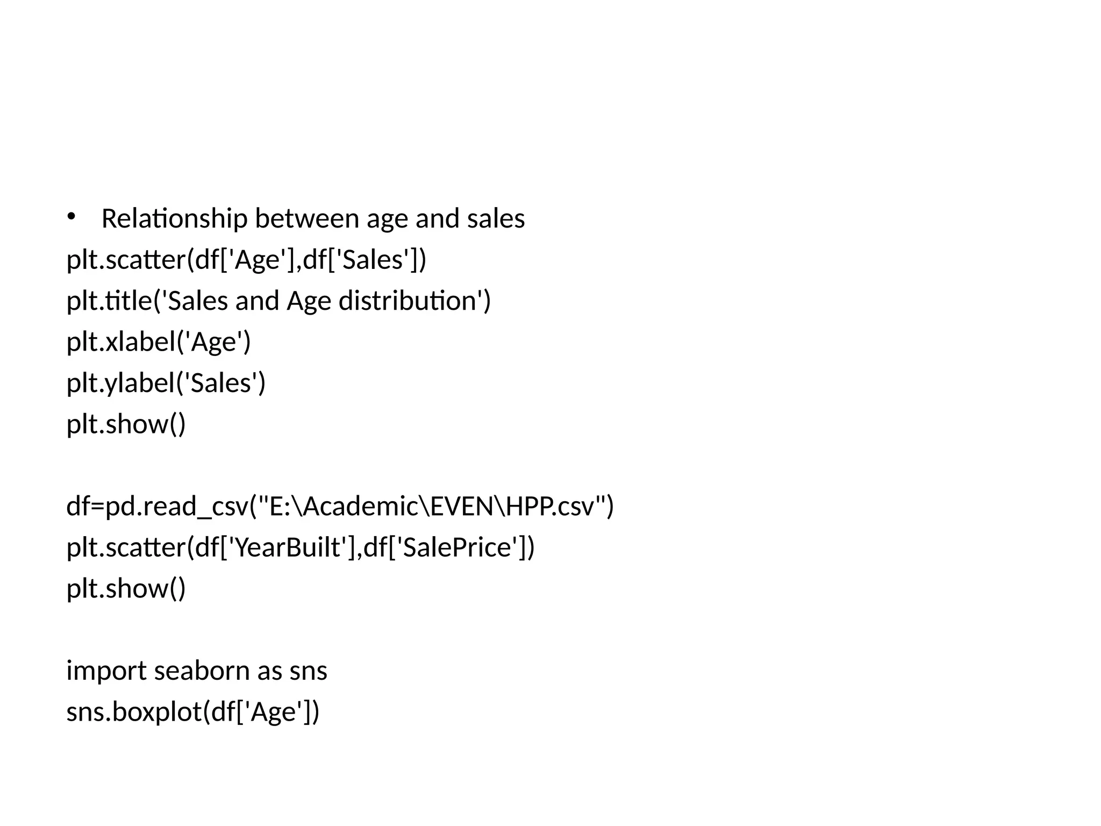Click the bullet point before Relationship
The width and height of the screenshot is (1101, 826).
(72, 217)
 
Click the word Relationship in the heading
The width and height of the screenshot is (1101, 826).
(174, 219)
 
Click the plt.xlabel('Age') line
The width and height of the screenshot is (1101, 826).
(159, 343)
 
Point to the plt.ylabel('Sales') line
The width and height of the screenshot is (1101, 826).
(166, 383)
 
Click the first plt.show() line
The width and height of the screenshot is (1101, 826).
(126, 424)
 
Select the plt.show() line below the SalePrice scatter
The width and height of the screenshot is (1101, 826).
(126, 589)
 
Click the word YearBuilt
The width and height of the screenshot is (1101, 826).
(289, 548)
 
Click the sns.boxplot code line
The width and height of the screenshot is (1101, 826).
(192, 713)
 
